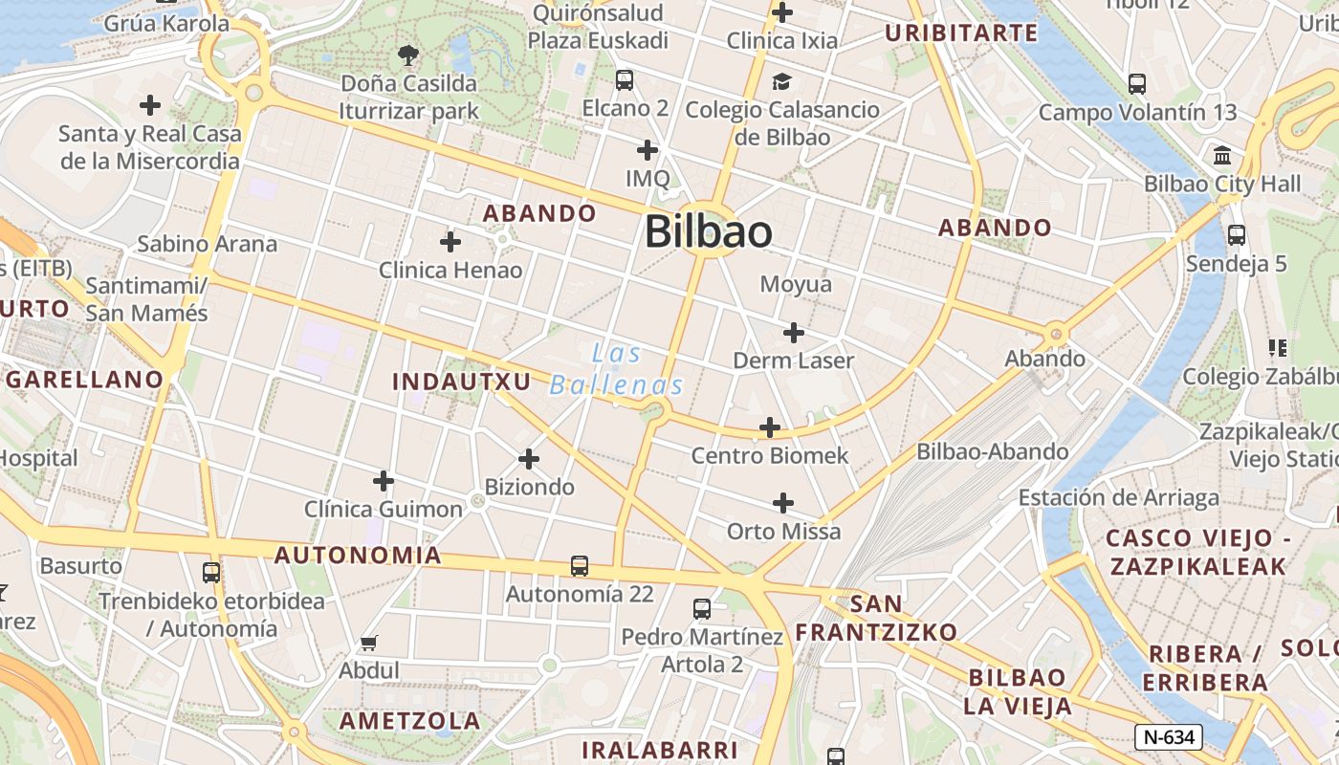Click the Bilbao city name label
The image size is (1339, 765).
click(708, 232)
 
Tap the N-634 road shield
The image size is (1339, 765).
click(1168, 737)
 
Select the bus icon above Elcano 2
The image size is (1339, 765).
click(625, 80)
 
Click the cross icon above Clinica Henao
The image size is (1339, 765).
click(450, 242)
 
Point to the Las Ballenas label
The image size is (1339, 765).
click(617, 369)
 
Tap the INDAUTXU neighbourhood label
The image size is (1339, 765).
click(461, 382)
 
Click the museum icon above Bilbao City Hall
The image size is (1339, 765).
click(1222, 155)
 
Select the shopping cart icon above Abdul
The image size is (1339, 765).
click(369, 643)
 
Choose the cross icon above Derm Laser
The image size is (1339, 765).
click(793, 333)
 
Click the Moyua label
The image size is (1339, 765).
click(796, 284)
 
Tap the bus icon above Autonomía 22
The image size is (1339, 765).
click(580, 565)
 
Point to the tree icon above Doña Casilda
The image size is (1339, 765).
click(408, 55)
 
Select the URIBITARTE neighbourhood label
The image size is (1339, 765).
click(961, 33)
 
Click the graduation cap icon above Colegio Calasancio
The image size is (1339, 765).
click(782, 81)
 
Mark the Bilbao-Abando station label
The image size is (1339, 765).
click(993, 451)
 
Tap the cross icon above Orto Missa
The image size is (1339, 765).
click(783, 503)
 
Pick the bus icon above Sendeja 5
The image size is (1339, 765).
click(1237, 234)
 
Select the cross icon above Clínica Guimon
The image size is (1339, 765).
click(384, 480)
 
